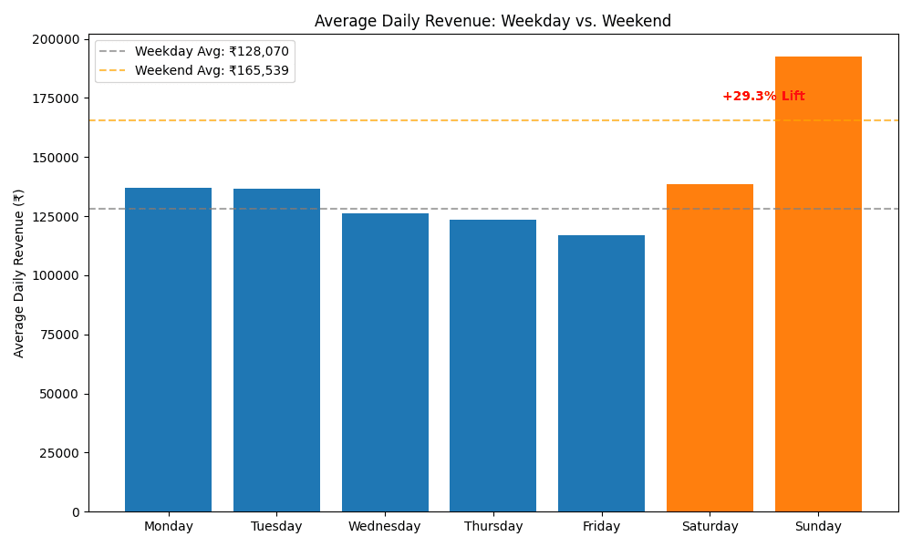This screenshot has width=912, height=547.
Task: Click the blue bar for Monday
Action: tap(168, 350)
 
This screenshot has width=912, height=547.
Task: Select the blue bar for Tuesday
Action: tap(276, 350)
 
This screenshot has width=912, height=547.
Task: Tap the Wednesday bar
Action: tap(385, 363)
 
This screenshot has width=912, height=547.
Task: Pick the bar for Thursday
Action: tap(492, 366)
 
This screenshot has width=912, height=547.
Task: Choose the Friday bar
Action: tap(601, 374)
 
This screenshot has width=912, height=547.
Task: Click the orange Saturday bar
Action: tap(710, 348)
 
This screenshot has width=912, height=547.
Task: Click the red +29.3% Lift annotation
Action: tap(763, 97)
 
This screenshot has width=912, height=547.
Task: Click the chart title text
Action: tap(492, 21)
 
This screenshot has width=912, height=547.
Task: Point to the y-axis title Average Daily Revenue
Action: tap(19, 273)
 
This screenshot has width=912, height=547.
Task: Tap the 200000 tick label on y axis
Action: tap(56, 39)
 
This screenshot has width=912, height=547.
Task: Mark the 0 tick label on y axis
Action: tap(76, 512)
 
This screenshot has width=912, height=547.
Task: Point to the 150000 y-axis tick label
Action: tap(56, 158)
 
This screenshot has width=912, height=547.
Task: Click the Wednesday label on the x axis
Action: tap(385, 527)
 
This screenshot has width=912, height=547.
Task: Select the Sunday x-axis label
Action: tap(818, 527)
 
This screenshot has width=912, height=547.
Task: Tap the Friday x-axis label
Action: tap(601, 527)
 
